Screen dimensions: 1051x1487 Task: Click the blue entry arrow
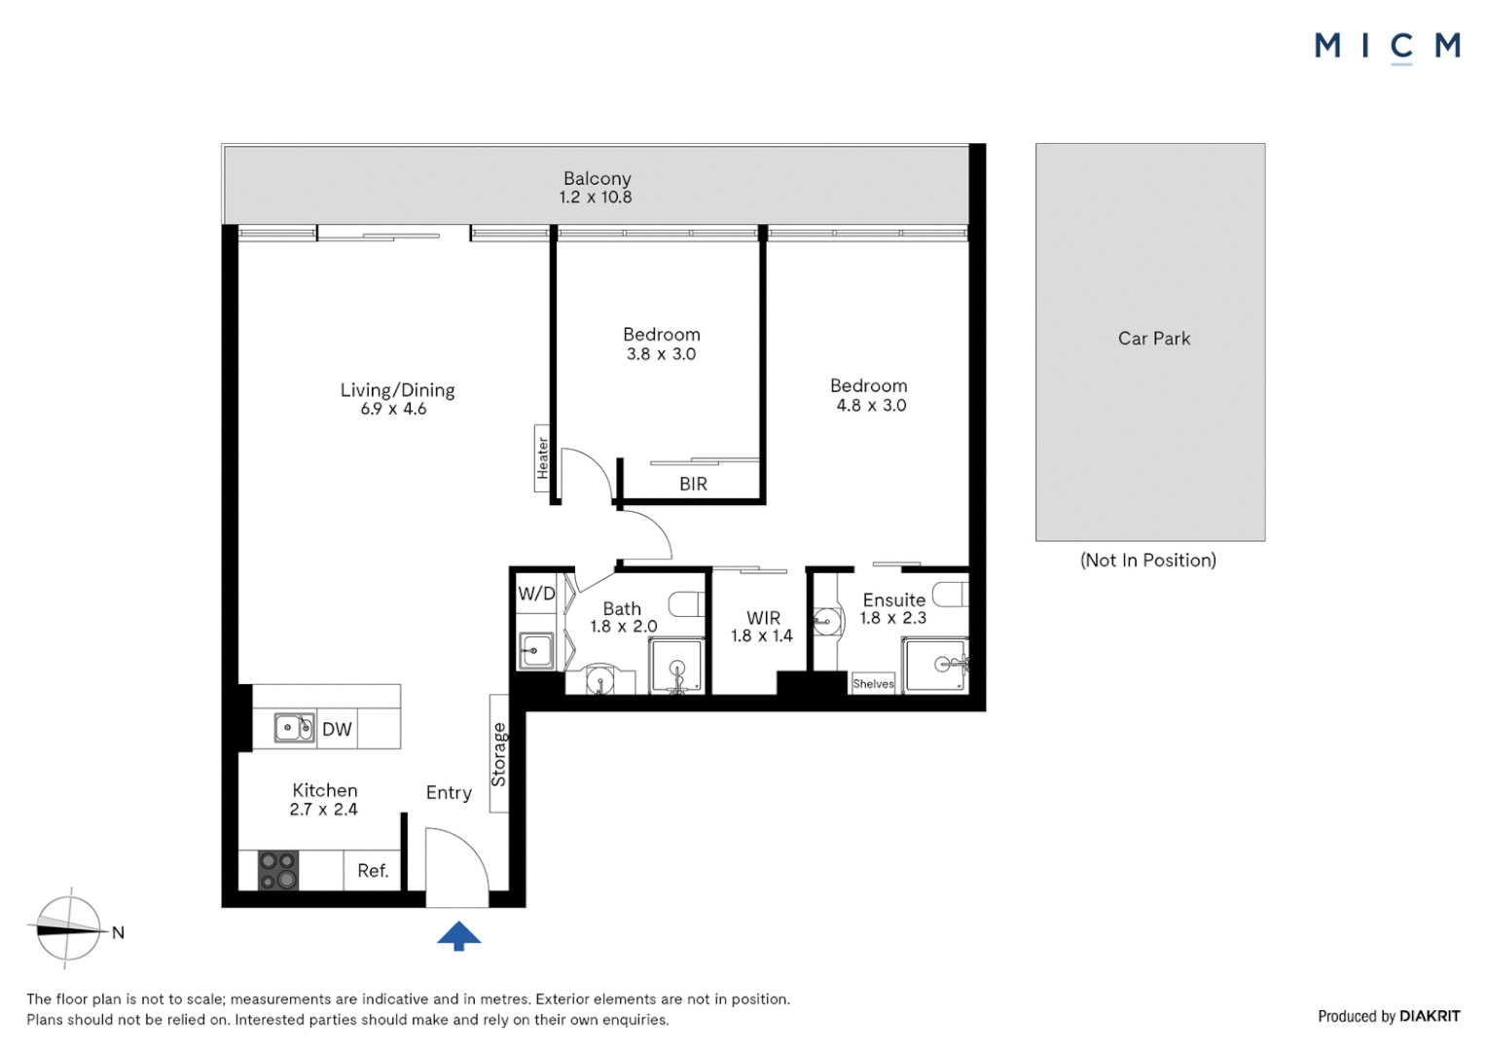tap(458, 936)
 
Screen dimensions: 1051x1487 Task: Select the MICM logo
tap(1387, 46)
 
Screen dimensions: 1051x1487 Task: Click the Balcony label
tap(597, 178)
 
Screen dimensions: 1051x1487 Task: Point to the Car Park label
tap(1153, 339)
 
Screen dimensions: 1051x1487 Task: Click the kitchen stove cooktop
tap(278, 870)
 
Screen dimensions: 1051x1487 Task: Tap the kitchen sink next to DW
tap(294, 728)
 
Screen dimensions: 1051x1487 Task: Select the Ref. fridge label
tap(373, 871)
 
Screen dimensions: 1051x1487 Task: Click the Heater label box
tap(542, 457)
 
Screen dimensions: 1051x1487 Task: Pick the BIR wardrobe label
tap(693, 484)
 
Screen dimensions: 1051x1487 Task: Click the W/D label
tap(536, 594)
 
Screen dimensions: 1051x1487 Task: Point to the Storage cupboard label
tap(498, 754)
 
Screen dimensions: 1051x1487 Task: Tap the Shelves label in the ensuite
tap(873, 683)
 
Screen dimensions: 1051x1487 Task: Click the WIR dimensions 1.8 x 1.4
tap(762, 636)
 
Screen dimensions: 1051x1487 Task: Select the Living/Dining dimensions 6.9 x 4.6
tap(393, 410)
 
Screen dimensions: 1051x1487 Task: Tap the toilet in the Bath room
tap(687, 603)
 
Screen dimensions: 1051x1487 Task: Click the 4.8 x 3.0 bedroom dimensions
tap(871, 406)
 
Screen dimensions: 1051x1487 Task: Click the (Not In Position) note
tap(1148, 561)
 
